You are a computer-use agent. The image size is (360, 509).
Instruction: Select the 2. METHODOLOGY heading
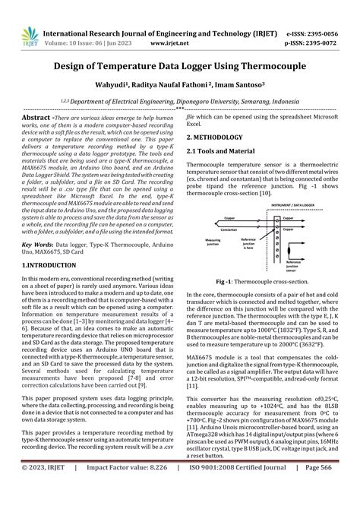click(x=220, y=138)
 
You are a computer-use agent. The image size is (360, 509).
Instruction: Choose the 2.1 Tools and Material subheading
click(x=228, y=154)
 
